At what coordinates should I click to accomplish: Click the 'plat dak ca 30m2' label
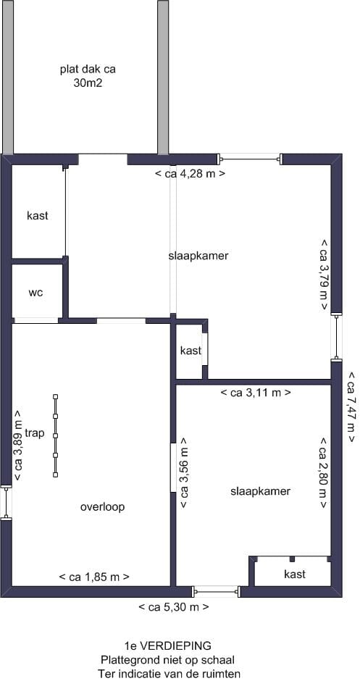(x=88, y=76)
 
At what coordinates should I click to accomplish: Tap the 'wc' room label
(x=35, y=293)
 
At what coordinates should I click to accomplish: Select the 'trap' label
(x=34, y=433)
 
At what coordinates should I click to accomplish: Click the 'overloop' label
(x=102, y=506)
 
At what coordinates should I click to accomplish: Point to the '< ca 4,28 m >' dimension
(x=191, y=174)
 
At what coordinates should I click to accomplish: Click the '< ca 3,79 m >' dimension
(x=324, y=275)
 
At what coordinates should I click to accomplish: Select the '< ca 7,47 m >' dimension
(x=351, y=407)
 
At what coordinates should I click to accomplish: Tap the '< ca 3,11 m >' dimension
(x=255, y=393)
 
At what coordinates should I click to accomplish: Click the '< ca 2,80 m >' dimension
(x=324, y=472)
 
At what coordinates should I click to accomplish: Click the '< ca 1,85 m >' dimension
(x=94, y=577)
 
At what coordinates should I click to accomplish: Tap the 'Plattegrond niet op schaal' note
(x=167, y=659)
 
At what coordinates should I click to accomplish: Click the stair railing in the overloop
(x=55, y=435)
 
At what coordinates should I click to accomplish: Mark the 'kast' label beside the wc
(x=38, y=216)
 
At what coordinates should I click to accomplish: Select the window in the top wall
(x=250, y=157)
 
